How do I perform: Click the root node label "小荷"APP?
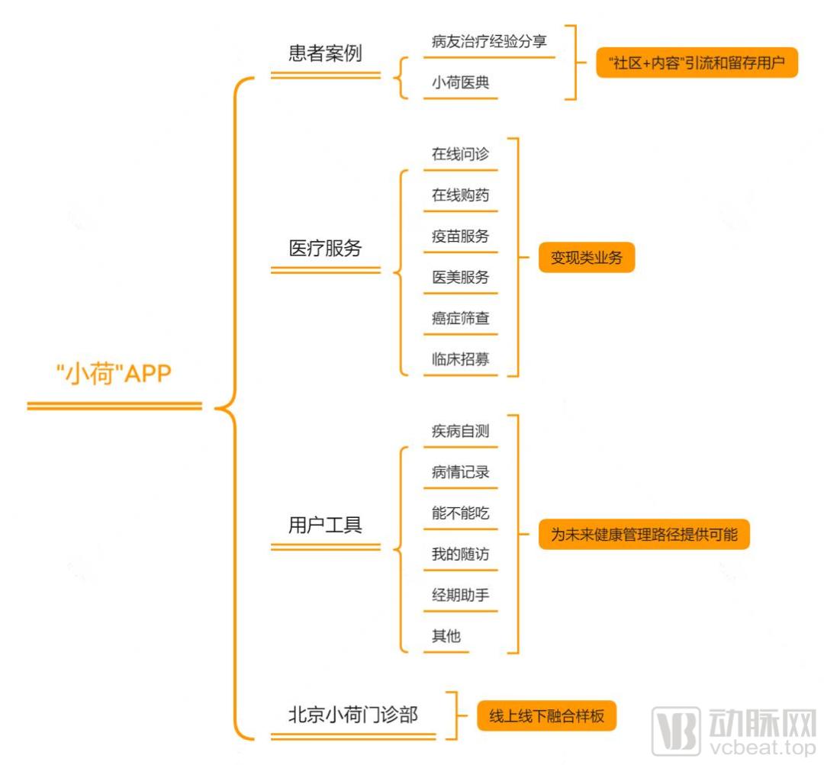[114, 374]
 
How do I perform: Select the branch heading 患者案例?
[325, 53]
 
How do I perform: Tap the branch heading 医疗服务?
[325, 248]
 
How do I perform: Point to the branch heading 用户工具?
[325, 525]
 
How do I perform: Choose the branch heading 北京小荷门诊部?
[353, 715]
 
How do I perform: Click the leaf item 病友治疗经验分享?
[489, 41]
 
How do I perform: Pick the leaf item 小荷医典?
[460, 82]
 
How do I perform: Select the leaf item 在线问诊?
[460, 154]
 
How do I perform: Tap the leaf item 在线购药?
[460, 195]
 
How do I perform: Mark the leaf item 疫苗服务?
[460, 236]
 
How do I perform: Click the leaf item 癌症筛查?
[460, 318]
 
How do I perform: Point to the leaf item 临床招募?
[460, 359]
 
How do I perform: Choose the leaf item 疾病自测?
[460, 431]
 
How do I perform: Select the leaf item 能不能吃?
[460, 513]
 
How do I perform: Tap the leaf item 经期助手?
[460, 595]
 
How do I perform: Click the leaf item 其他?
[446, 636]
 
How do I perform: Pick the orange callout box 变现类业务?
[587, 258]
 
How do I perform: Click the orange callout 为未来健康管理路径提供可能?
[644, 535]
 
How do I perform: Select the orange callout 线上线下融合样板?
[546, 715]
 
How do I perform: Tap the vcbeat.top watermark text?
[762, 747]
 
